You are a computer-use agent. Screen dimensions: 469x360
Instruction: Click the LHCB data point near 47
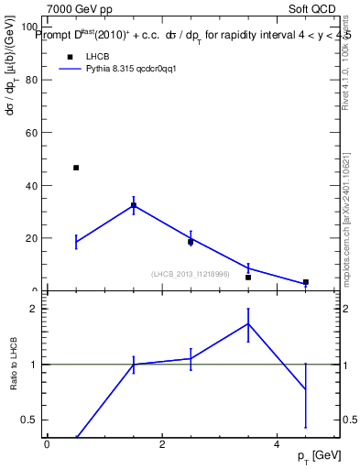pyautogui.click(x=76, y=168)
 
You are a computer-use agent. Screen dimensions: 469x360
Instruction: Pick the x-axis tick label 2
pyautogui.click(x=161, y=445)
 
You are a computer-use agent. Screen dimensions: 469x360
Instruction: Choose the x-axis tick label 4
pyautogui.click(x=277, y=445)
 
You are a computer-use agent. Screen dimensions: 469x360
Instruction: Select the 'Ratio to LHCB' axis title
pyautogui.click(x=13, y=365)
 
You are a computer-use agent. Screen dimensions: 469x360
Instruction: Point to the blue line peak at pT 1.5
pyautogui.click(x=134, y=204)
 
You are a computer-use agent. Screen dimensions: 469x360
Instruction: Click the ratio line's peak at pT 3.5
pyautogui.click(x=248, y=322)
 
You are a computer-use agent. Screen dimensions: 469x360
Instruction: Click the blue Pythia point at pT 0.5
pyautogui.click(x=76, y=242)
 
